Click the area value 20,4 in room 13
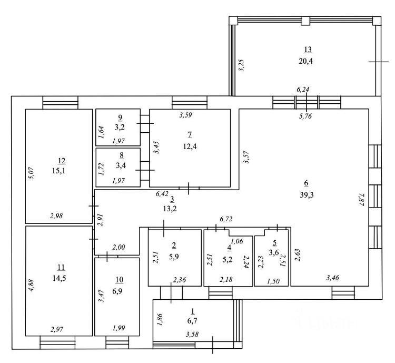(x=305, y=61)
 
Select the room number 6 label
(x=307, y=183)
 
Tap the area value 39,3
(x=307, y=195)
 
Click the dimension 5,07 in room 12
(x=32, y=173)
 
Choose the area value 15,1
(x=58, y=171)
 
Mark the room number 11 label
(x=61, y=267)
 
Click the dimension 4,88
(x=32, y=286)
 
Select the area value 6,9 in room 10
(x=117, y=291)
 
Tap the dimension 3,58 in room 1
(x=192, y=334)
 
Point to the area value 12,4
(x=190, y=146)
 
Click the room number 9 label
(x=120, y=117)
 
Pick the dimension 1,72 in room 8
(x=101, y=169)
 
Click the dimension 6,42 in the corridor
(x=162, y=194)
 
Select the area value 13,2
(x=170, y=209)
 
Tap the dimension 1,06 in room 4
(x=237, y=241)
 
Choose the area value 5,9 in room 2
(x=174, y=257)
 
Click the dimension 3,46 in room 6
(x=332, y=278)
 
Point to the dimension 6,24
(x=302, y=89)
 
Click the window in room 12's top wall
(x=61, y=103)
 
